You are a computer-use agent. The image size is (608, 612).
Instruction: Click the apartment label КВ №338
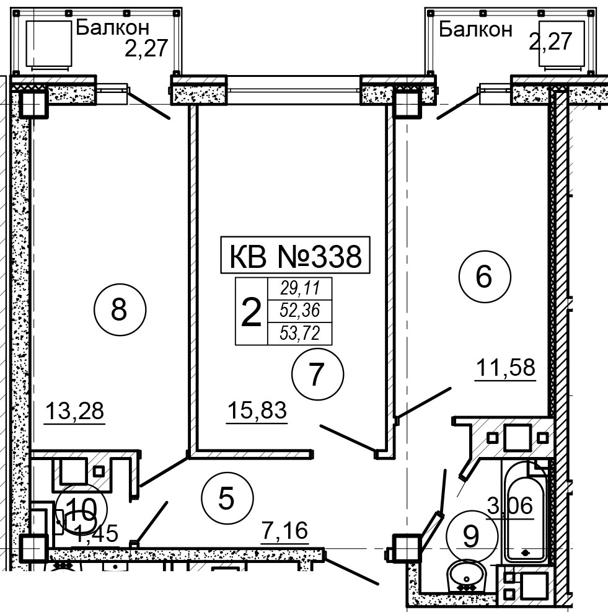pyautogui.click(x=296, y=255)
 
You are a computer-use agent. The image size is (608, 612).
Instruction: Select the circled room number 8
pyautogui.click(x=120, y=309)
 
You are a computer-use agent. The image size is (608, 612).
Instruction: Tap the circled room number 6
pyautogui.click(x=485, y=277)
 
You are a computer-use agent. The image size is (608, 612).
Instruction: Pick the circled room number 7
pyautogui.click(x=318, y=374)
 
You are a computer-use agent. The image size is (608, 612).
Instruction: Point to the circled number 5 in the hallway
pyautogui.click(x=227, y=498)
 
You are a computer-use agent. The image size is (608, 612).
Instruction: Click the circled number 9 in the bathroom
pyautogui.click(x=472, y=536)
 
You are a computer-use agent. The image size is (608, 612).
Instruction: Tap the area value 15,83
pyautogui.click(x=257, y=410)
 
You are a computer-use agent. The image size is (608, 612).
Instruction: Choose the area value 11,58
pyautogui.click(x=505, y=368)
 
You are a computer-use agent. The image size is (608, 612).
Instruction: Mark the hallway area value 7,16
pyautogui.click(x=284, y=531)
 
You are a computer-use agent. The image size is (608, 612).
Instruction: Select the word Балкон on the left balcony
pyautogui.click(x=112, y=28)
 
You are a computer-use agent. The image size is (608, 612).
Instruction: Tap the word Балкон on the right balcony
pyautogui.click(x=476, y=29)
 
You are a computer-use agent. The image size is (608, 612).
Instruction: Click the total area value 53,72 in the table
pyautogui.click(x=300, y=334)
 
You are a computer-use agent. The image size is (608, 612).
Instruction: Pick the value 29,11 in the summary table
pyautogui.click(x=300, y=288)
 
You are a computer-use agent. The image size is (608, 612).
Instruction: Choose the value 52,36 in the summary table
pyautogui.click(x=300, y=311)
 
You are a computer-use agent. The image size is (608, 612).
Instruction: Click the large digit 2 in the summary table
pyautogui.click(x=251, y=311)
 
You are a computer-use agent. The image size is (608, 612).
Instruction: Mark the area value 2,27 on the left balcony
pyautogui.click(x=146, y=48)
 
